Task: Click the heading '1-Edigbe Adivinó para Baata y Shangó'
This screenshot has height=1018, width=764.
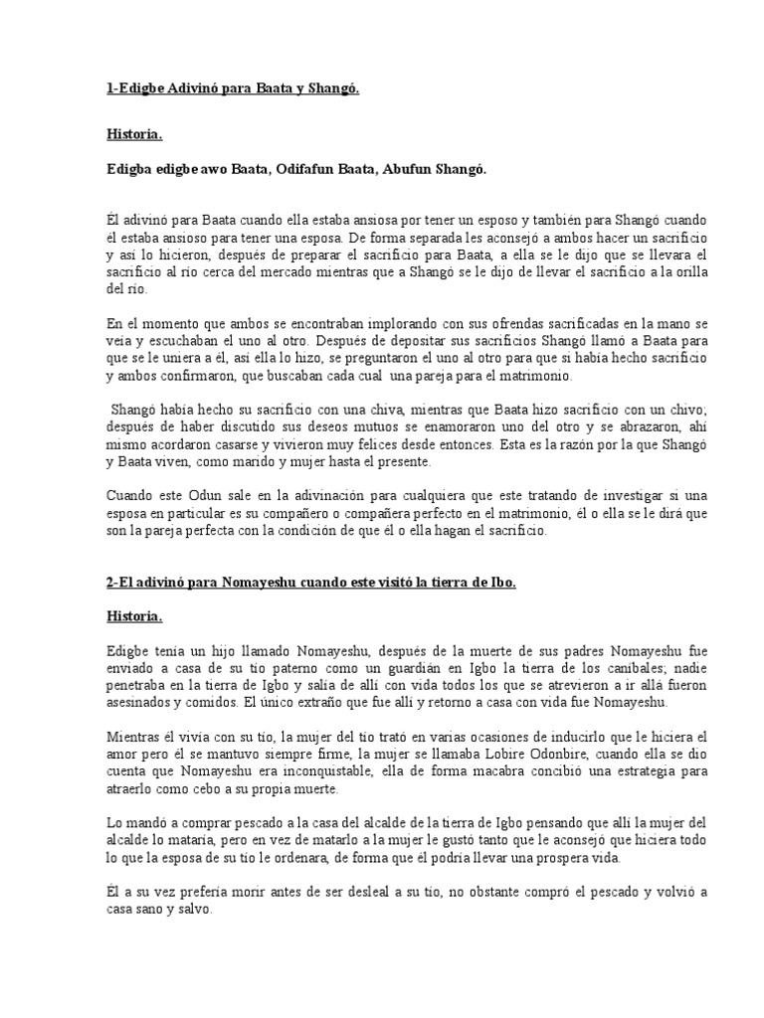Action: click(x=232, y=90)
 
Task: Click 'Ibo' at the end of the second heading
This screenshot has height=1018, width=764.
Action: click(x=503, y=583)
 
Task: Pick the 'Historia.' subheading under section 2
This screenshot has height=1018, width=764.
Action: click(x=134, y=616)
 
